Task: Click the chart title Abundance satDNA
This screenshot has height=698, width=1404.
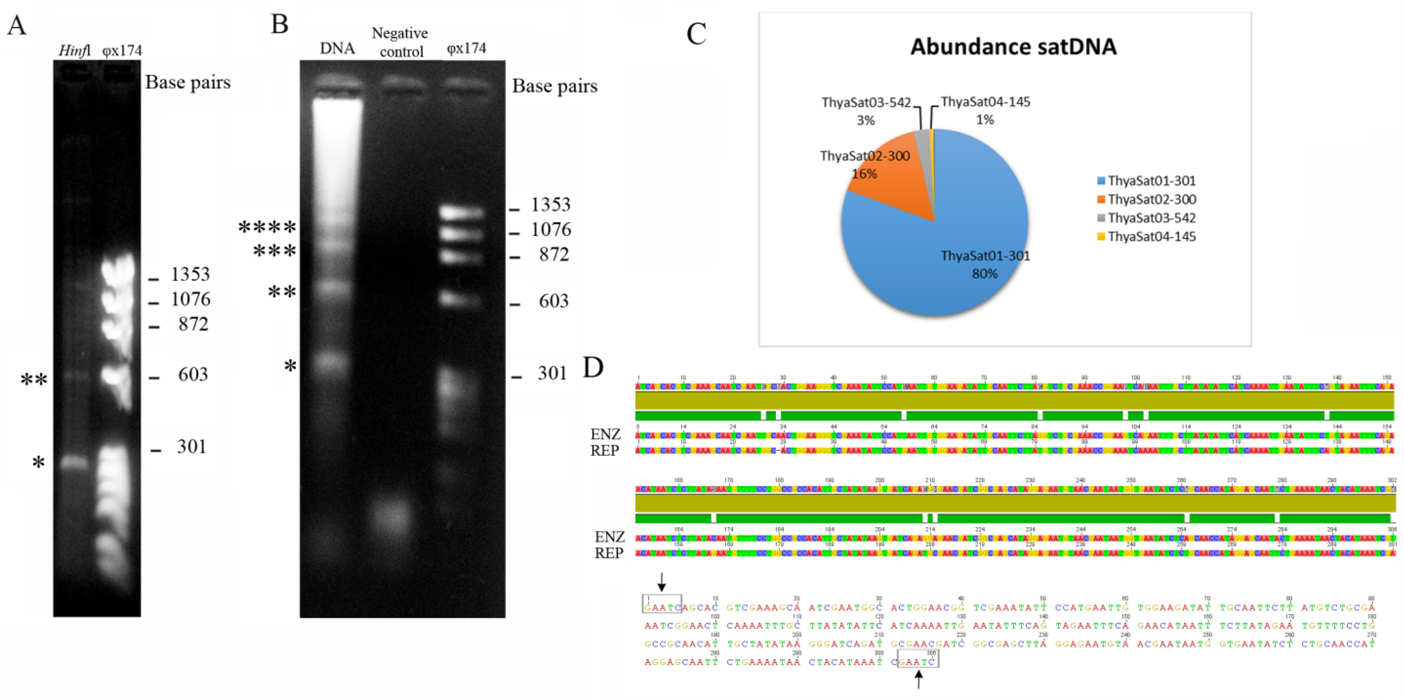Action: click(1013, 47)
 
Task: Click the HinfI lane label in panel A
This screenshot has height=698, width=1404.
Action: click(75, 51)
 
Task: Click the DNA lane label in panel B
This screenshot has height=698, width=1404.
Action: click(338, 48)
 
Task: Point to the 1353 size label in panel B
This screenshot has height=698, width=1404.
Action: click(550, 204)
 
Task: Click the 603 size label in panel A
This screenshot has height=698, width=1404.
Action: click(193, 375)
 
